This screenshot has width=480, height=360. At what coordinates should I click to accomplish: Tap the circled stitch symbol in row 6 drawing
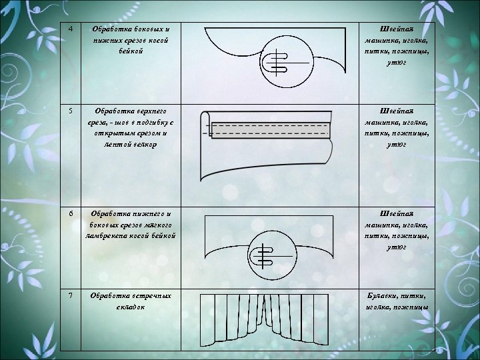[270, 257]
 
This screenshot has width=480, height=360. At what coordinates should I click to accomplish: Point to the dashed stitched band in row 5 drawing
[270, 129]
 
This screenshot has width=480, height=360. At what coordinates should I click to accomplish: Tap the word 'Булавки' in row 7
[378, 295]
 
